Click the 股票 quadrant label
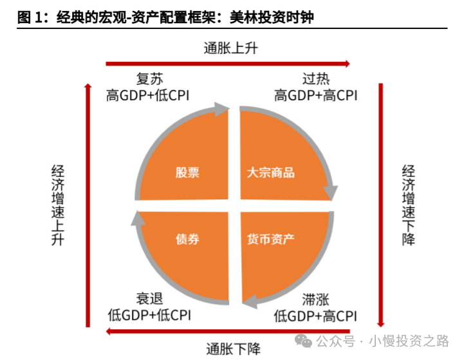pos(187,172)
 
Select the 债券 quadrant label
pos(187,239)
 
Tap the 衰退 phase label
pos(150,299)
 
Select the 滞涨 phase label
pos(316,299)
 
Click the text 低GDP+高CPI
pos(315,316)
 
